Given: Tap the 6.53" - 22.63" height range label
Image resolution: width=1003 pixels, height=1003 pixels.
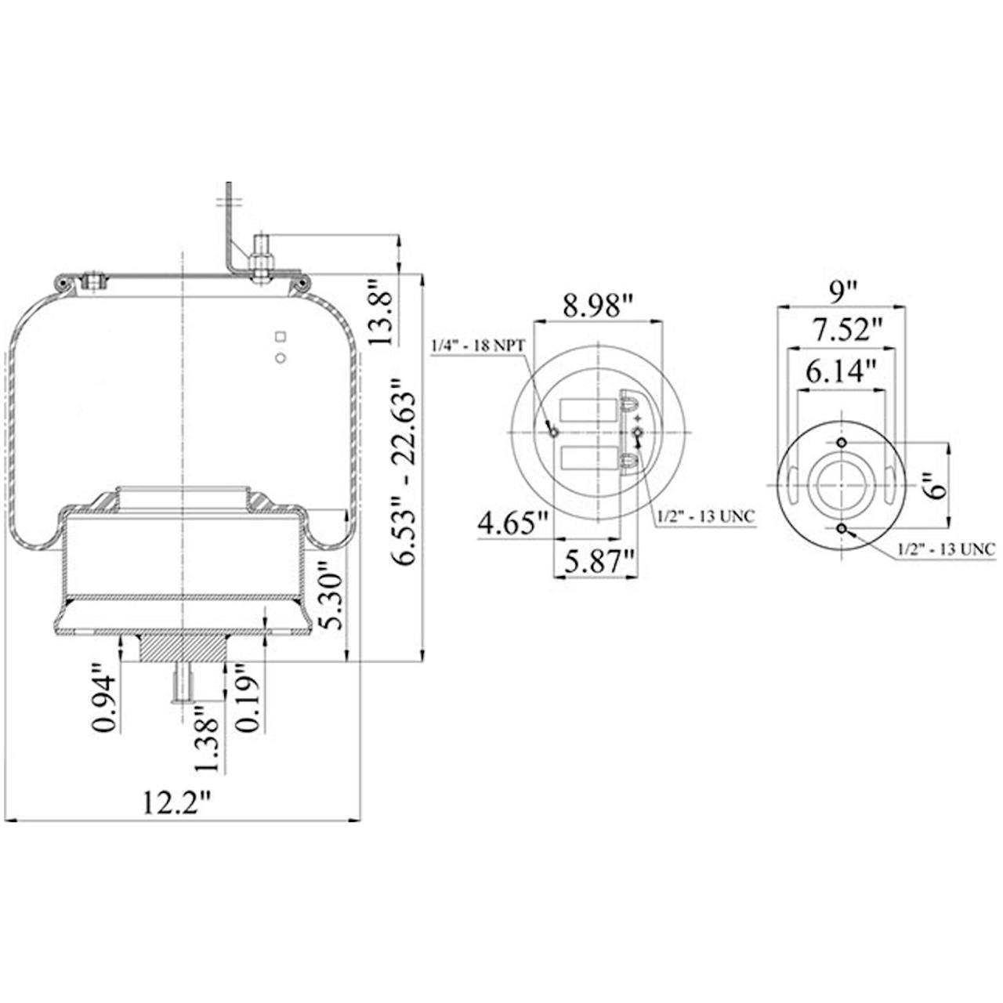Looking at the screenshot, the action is (405, 472).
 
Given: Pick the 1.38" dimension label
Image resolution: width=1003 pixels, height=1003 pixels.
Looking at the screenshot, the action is (208, 739).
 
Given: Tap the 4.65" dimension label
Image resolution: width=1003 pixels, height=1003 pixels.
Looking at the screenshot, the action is (514, 523).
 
